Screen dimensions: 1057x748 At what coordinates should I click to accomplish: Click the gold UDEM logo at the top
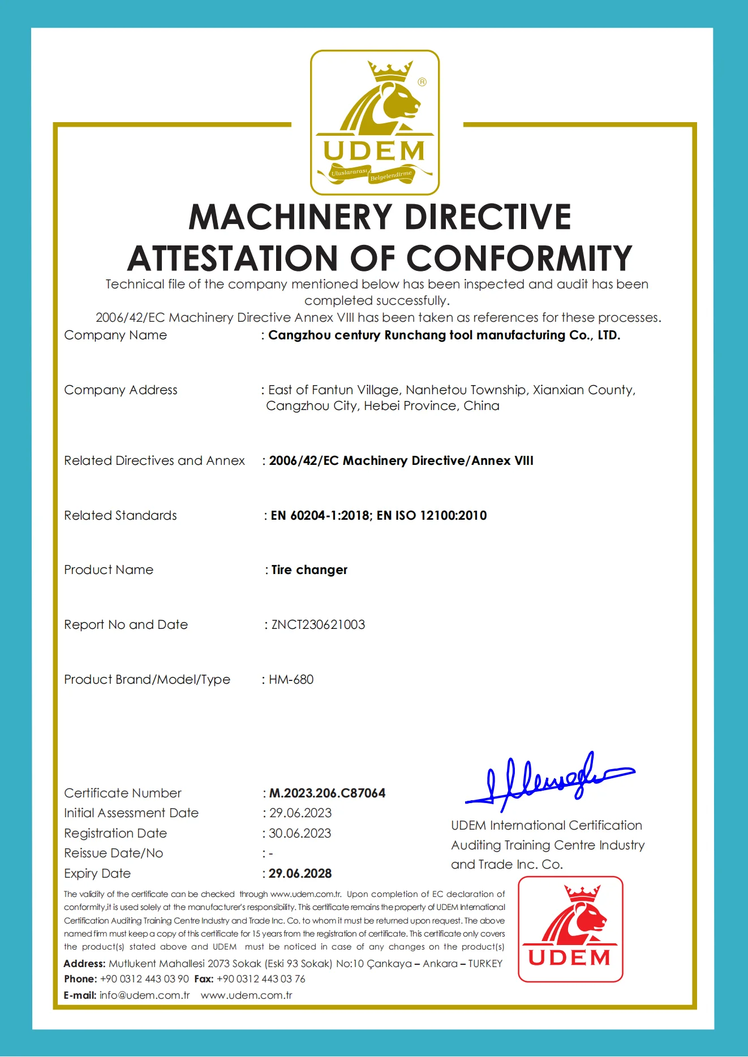375,122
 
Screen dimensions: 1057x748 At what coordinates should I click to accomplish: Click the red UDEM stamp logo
570,929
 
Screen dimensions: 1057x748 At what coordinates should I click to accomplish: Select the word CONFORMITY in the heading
519,258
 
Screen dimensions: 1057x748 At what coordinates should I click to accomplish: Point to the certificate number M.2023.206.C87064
327,793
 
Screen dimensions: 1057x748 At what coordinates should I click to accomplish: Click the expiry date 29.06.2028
300,873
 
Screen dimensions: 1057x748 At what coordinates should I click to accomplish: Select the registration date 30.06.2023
300,833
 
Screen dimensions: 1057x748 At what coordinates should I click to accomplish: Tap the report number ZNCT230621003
318,624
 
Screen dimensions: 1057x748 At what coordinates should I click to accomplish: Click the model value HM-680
291,679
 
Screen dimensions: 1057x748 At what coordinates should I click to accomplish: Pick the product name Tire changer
309,570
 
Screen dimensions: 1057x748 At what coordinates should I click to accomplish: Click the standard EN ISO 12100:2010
432,515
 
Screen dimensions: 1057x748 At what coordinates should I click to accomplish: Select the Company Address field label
121,390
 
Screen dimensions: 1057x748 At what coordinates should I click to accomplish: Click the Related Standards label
120,515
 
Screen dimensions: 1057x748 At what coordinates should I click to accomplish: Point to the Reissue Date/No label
113,853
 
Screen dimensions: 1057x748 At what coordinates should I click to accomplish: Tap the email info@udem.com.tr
144,995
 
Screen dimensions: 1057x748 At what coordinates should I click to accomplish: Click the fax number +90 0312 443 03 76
261,978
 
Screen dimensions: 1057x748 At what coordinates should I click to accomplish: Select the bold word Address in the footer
84,963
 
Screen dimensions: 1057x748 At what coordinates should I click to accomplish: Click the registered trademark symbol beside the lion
422,82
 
